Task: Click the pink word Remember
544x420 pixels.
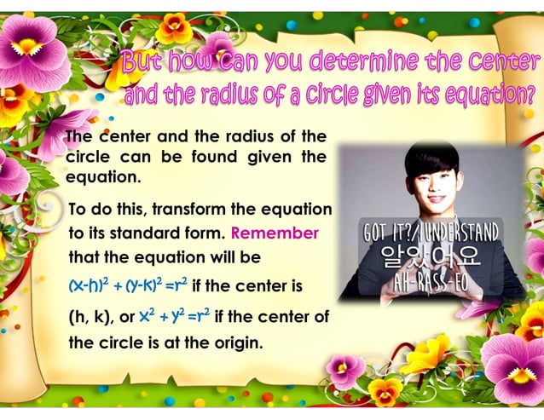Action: pos(275,233)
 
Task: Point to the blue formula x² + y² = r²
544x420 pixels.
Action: pos(174,318)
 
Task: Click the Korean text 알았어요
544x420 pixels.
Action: pos(431,254)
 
